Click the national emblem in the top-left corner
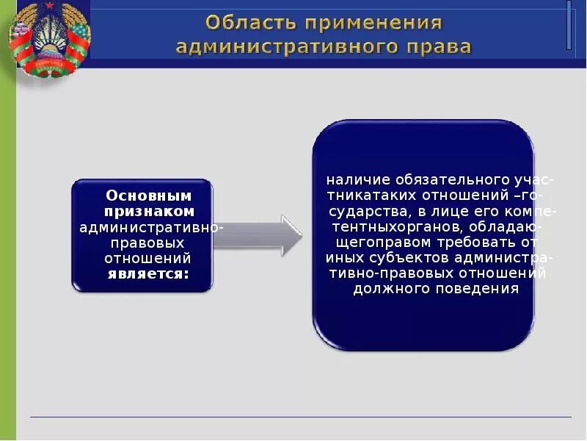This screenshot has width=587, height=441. pyautogui.click(x=48, y=38)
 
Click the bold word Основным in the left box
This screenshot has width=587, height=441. pyautogui.click(x=149, y=196)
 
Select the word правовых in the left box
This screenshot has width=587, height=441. pyautogui.click(x=145, y=243)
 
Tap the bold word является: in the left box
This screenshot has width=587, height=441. pyautogui.click(x=149, y=274)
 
